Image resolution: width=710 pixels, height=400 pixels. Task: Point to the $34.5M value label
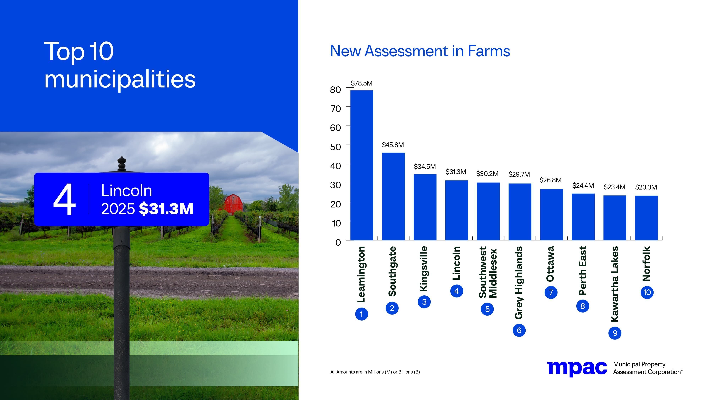(425, 167)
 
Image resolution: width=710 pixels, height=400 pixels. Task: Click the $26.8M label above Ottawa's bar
(550, 180)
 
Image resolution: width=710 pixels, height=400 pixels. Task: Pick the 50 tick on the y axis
(335, 147)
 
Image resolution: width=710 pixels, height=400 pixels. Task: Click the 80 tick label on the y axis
(335, 90)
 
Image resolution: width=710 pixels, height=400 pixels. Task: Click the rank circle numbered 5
(487, 309)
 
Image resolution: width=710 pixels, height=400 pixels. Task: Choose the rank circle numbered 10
(647, 292)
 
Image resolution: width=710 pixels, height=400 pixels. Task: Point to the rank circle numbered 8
(583, 306)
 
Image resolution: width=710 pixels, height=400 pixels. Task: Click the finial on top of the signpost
(122, 163)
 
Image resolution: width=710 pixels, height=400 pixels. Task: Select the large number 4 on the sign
(64, 199)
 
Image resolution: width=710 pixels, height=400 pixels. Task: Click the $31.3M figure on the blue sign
(166, 209)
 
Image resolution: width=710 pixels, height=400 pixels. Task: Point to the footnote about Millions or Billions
(375, 372)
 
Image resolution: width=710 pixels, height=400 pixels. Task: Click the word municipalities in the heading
(120, 79)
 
